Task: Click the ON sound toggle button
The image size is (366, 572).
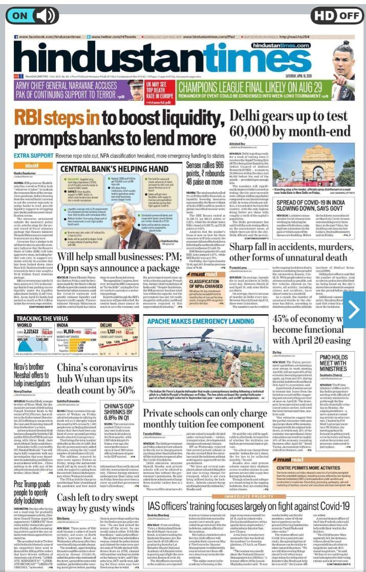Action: point(32,15)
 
